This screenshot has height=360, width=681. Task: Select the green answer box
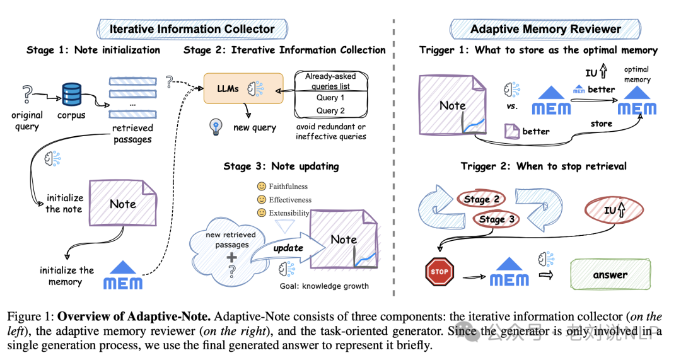click(610, 274)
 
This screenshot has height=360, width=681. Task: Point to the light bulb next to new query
click(214, 127)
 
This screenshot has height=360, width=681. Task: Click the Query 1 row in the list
click(330, 98)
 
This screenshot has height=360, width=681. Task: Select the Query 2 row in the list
click(330, 111)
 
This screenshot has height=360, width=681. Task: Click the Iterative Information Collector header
click(192, 29)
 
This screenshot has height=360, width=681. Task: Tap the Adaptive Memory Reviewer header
click(545, 29)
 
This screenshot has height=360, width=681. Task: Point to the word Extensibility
click(289, 213)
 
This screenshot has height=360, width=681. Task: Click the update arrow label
click(288, 248)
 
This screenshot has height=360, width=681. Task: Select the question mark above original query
click(26, 95)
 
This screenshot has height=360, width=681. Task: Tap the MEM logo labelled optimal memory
click(636, 104)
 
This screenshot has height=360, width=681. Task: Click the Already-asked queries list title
click(331, 80)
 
